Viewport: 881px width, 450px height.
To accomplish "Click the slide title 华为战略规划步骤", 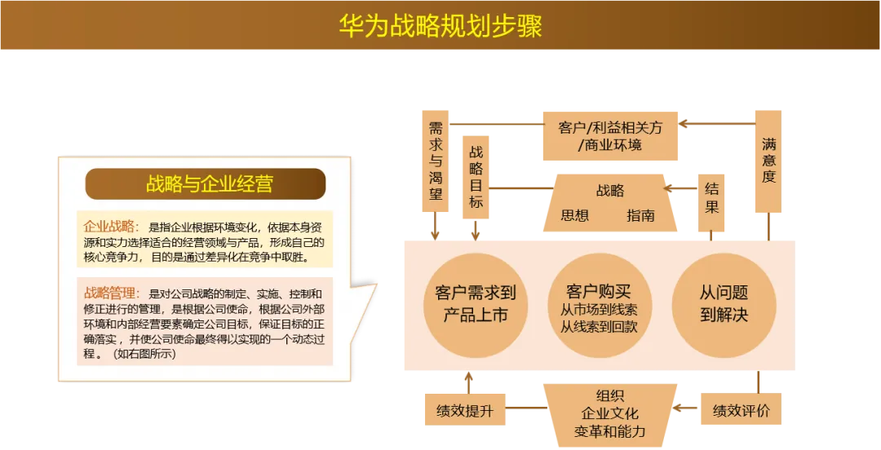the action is pyautogui.click(x=440, y=26).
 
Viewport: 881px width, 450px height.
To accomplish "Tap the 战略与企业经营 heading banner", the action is pyautogui.click(x=206, y=184).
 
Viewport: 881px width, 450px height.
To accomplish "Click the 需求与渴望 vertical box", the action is pyautogui.click(x=435, y=160).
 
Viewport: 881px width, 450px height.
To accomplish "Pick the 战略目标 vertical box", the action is pyautogui.click(x=476, y=176).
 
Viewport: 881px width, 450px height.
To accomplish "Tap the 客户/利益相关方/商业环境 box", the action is pyautogui.click(x=610, y=136).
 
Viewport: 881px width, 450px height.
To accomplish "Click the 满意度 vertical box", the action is pyautogui.click(x=768, y=160).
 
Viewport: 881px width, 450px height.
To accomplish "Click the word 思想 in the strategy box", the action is pyautogui.click(x=575, y=216).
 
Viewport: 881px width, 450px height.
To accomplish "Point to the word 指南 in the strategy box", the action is pyautogui.click(x=641, y=216).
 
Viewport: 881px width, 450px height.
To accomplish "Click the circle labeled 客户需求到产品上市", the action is pyautogui.click(x=476, y=304).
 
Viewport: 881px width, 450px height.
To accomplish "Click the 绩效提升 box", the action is pyautogui.click(x=465, y=410).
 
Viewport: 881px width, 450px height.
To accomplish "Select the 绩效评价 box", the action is pyautogui.click(x=741, y=410).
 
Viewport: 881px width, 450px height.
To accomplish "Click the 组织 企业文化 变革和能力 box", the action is pyautogui.click(x=609, y=413).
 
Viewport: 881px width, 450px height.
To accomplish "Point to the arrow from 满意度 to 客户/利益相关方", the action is pyautogui.click(x=718, y=124).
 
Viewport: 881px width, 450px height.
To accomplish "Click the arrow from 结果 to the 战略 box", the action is pyautogui.click(x=682, y=187).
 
